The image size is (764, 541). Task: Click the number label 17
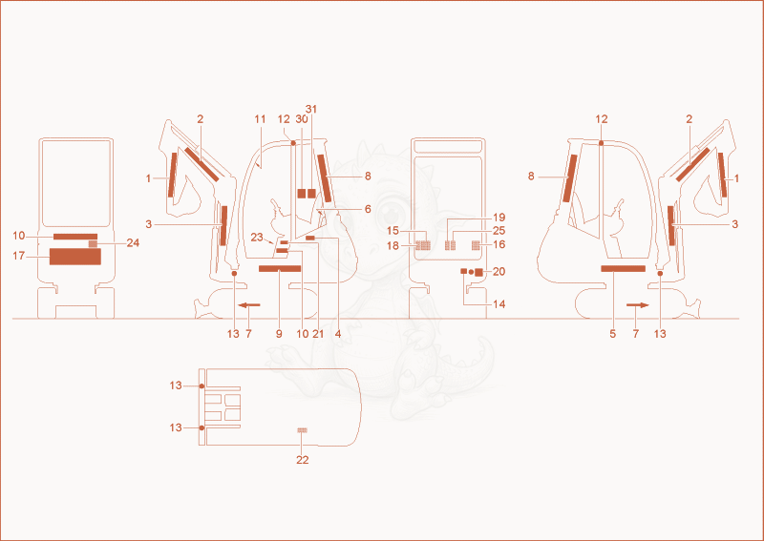[x=18, y=256]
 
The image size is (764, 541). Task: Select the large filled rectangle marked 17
[x=75, y=257]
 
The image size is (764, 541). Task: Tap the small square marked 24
[x=93, y=243]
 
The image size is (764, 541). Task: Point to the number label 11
[x=260, y=119]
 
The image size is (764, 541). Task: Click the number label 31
[x=311, y=109]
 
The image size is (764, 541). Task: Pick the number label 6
[x=368, y=209]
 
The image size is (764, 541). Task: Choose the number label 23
[x=257, y=238]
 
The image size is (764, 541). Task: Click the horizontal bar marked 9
[x=280, y=269]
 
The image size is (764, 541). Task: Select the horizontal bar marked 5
[x=624, y=269]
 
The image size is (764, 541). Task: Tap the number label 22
[x=303, y=460]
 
